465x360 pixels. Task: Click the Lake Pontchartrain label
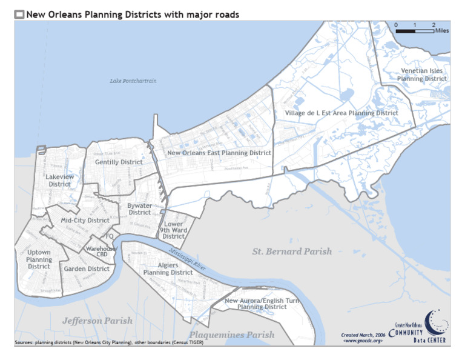[133, 81]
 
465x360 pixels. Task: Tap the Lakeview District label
[59, 180]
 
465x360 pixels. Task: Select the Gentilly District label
[119, 162]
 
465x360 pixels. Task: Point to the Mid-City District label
[85, 220]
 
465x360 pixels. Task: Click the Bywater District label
[139, 209]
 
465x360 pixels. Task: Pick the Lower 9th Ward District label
[174, 230]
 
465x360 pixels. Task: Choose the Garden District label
[87, 268]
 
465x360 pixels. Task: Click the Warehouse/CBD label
[101, 252]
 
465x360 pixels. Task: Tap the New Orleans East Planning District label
[219, 153]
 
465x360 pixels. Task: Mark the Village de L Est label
[341, 113]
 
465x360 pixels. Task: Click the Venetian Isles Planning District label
[422, 75]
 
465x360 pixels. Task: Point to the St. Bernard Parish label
[292, 251]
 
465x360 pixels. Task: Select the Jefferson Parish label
[97, 321]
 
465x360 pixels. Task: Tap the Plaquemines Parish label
[231, 335]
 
